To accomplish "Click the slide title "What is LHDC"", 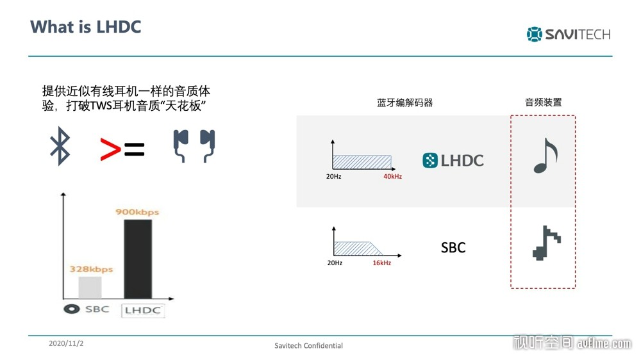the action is pos(85,27).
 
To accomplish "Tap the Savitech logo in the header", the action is pos(568,35).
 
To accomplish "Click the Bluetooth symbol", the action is pos(60,146).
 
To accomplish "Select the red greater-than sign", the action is pos(110,149).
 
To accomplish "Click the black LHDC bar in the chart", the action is pos(138,259).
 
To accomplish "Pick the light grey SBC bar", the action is pos(90,288).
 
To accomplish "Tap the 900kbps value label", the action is pos(137,211).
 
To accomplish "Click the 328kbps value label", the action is pos(91,269).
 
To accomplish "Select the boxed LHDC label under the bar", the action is pos(143,311).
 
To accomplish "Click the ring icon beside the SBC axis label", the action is pos(72,309).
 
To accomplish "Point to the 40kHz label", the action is pos(392,177).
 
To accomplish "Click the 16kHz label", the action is pos(382,263).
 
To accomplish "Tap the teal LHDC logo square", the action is pos(430,160).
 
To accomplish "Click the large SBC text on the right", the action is pos(453,248).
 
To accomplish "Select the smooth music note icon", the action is pos(545,156).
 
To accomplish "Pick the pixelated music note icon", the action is pos(547,243).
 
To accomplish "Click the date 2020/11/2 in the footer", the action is pos(66,343).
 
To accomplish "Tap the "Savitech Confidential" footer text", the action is pos(309,346).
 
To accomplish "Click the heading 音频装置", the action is pos(544,102).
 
